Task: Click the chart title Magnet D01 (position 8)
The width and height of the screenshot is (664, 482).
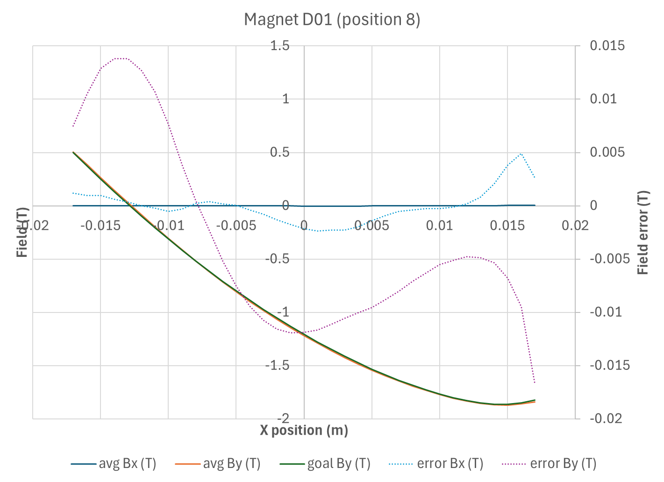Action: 332,20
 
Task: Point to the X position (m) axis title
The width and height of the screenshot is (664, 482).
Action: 304,430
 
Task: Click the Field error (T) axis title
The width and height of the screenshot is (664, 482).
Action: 643,232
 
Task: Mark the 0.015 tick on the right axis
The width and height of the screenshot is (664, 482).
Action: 607,46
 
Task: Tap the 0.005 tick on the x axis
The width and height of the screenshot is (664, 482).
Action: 371,226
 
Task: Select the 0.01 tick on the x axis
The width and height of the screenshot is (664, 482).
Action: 439,226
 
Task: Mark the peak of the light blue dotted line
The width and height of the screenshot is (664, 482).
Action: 521,154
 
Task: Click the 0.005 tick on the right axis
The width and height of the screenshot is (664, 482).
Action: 607,152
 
